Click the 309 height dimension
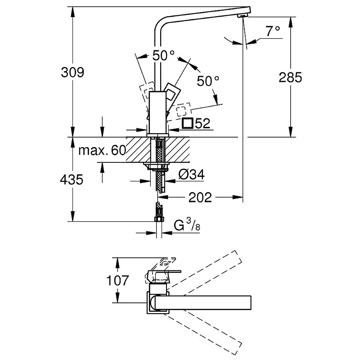point(72,72)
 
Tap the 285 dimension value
point(290,77)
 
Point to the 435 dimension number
point(72,180)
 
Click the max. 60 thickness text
point(102,150)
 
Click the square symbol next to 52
point(188,123)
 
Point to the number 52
point(203,124)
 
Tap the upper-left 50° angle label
point(163,56)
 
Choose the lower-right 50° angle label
point(208,81)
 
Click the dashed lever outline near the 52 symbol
point(183,110)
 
